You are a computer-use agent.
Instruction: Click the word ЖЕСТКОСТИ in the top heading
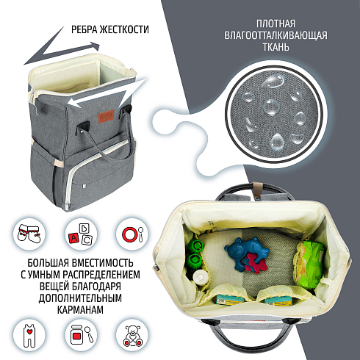point(124,29)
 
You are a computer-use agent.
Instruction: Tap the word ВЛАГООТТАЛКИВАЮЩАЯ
point(276,35)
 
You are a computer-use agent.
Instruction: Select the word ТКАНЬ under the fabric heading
point(276,47)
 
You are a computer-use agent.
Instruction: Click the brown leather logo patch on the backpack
point(107,116)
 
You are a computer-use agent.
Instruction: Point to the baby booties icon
point(29,234)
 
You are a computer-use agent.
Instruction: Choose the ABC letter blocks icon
point(81,234)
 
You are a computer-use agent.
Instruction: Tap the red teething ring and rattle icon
point(132,234)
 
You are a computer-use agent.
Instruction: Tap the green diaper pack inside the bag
point(310,264)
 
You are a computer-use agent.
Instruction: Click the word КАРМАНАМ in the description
point(80,310)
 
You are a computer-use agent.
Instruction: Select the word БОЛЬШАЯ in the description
point(48,263)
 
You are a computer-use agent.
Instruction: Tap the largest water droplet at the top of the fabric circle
point(274,80)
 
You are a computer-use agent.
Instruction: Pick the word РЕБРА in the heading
point(84,29)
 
